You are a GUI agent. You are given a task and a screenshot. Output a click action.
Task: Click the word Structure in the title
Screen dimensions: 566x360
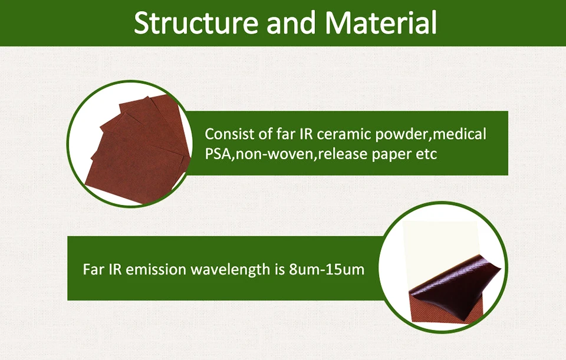click(196, 22)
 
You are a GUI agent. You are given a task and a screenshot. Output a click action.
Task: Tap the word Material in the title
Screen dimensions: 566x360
click(381, 22)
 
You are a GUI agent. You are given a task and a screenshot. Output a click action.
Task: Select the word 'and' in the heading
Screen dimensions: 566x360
click(292, 22)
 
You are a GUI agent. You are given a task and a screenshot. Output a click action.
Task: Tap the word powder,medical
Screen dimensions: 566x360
click(431, 135)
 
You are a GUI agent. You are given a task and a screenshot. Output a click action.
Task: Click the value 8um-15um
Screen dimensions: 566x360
click(327, 270)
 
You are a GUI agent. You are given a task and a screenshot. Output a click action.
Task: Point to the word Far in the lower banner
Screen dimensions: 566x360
click(94, 269)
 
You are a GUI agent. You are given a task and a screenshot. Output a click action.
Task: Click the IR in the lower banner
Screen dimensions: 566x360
click(115, 269)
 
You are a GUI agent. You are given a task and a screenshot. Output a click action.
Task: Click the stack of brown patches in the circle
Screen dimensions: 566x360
click(139, 151)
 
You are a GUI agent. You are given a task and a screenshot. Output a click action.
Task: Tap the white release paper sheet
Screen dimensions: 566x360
click(440, 249)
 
